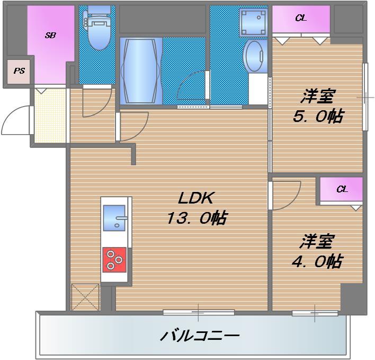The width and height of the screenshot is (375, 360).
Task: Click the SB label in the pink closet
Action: tap(50, 36)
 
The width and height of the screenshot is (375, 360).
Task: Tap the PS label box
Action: tap(19, 71)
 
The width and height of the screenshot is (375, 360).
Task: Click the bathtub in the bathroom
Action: tap(140, 70)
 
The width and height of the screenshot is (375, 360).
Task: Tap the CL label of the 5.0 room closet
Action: tap(300, 18)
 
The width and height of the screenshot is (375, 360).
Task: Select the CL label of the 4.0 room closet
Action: tap(342, 189)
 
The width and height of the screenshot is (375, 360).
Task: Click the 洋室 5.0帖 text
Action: tap(318, 107)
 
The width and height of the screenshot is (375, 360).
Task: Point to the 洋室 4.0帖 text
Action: tap(317, 251)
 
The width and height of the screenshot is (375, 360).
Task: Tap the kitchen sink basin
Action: tap(114, 219)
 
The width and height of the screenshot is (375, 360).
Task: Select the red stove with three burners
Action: tap(115, 260)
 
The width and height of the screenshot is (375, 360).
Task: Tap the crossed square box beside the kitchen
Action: tap(85, 297)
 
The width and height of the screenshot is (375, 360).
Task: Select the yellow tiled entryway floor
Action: tap(50, 115)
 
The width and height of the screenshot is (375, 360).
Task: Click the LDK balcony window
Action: tap(199, 312)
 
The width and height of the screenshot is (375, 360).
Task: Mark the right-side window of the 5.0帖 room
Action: tap(365, 97)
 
